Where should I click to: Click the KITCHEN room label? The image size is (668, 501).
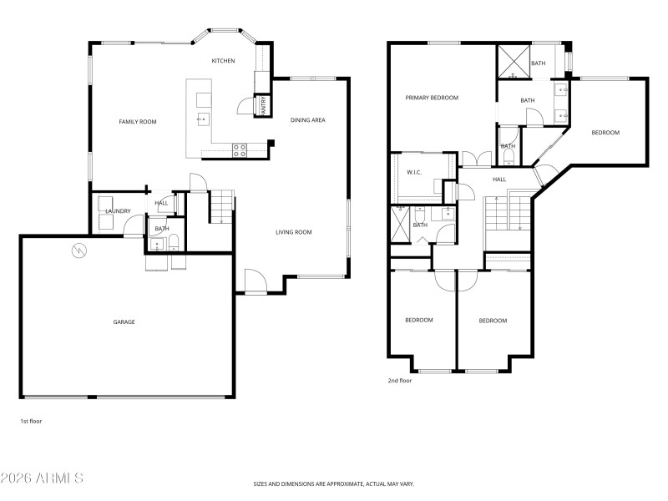coord(223,61)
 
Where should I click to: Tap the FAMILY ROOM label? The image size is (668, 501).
coord(138,122)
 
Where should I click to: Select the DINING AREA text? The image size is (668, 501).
coord(307,120)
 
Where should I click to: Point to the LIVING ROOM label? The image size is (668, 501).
coord(294,232)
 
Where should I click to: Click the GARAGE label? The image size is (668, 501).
coord(124,321)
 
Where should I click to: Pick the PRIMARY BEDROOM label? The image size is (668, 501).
coord(432,98)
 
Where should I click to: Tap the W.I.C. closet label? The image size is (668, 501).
coord(414,173)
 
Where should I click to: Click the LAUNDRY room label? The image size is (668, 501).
coord(118,211)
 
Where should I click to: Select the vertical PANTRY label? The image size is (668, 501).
coord(264,105)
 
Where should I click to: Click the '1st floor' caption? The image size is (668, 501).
coord(31,422)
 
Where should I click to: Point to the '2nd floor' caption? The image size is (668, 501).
coord(399,381)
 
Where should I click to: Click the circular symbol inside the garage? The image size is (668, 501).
coord(78,250)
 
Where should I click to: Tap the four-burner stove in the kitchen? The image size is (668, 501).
coord(239,150)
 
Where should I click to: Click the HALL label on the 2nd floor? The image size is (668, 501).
coord(499,180)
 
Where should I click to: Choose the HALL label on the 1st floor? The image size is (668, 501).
coord(161,203)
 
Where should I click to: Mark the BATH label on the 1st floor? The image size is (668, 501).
coord(161,229)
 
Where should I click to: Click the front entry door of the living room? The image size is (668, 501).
coord(255,284)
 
